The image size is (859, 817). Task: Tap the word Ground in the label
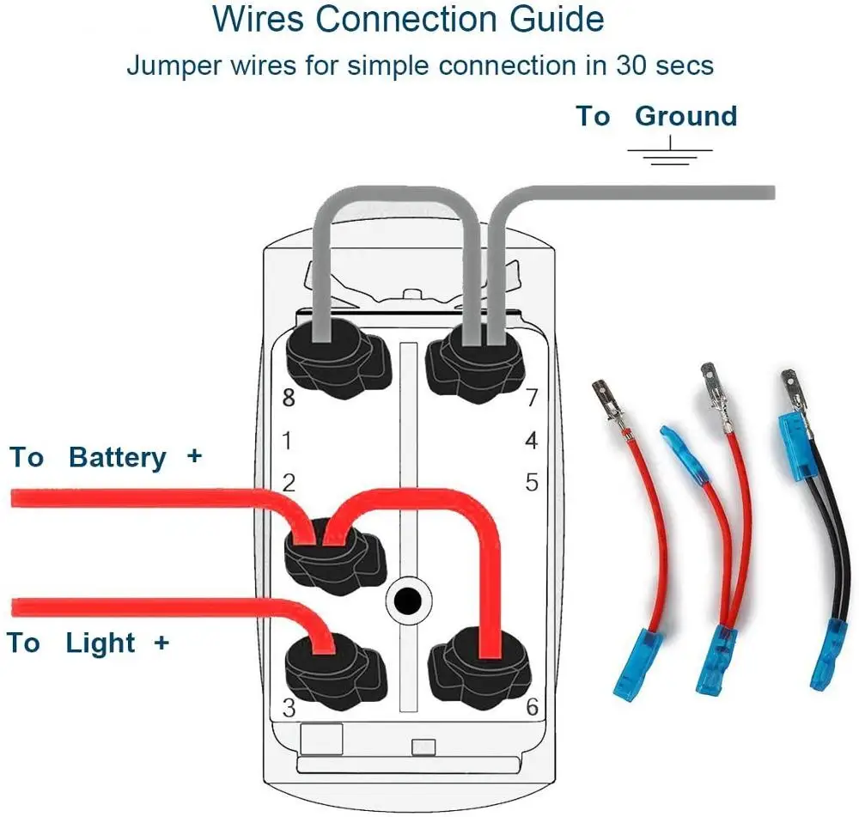[x=685, y=116]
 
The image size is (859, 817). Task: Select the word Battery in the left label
[x=118, y=457]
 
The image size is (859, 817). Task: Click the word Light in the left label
[x=101, y=643]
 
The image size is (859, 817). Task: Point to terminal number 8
[x=288, y=399]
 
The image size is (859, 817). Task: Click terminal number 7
[x=532, y=398]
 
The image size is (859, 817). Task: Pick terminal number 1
[x=288, y=441]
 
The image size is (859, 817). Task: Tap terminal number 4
[x=532, y=441]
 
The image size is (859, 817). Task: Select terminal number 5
[x=532, y=482]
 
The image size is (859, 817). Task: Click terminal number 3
[x=289, y=709]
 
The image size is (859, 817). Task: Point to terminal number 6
[x=532, y=708]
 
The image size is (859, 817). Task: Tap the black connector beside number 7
[x=475, y=364]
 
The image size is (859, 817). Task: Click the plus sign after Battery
[x=194, y=456]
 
